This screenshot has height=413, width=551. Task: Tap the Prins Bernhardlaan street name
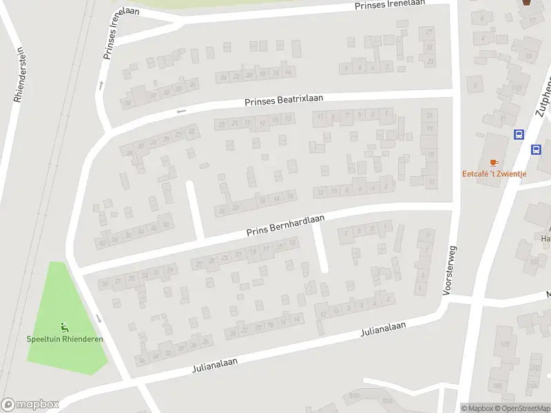pos(286,226)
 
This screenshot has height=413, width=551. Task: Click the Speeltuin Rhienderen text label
pos(65,339)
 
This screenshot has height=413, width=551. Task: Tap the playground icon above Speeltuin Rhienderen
pos(64,327)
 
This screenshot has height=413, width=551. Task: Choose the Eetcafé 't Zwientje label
pos(494,173)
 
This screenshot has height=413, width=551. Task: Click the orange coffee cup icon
pos(494,162)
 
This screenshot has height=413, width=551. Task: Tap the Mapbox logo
pos(30,405)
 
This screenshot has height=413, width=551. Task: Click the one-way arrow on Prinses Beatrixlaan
pos(181,111)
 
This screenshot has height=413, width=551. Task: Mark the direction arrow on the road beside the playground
pos(99,318)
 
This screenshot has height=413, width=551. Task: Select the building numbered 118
pos(516,88)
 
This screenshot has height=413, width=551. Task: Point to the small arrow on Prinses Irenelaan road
pos(101,85)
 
